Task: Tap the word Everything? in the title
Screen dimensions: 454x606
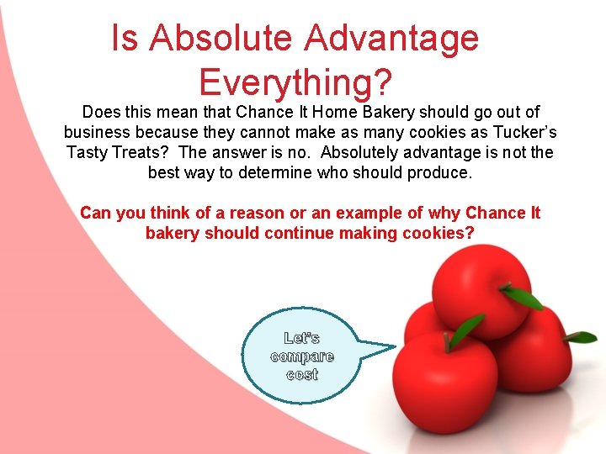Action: (x=295, y=82)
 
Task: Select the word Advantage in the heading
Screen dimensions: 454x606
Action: (x=392, y=38)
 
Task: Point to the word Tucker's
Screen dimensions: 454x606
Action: (x=522, y=133)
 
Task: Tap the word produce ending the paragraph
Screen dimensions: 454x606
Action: (x=445, y=172)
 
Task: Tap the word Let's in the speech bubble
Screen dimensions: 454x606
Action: (x=302, y=338)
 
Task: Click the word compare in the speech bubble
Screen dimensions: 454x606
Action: (x=302, y=356)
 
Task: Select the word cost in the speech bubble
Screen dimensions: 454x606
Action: (x=302, y=375)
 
